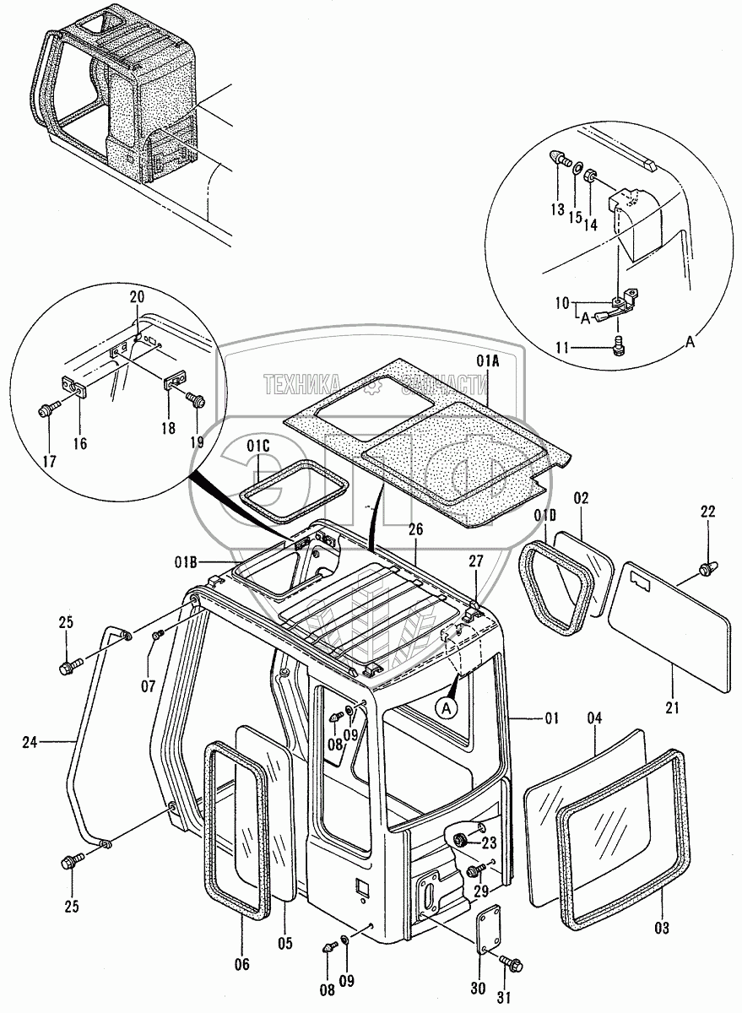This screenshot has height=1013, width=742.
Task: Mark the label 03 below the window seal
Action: (x=661, y=929)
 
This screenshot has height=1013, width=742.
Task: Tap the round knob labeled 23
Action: (x=463, y=840)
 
